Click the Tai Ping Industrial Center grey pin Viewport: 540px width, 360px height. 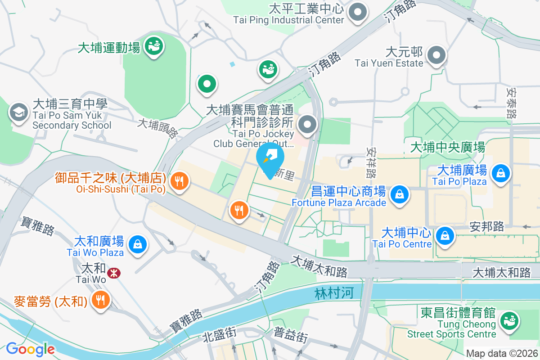coord(358,12)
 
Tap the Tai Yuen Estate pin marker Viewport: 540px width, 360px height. coord(436,55)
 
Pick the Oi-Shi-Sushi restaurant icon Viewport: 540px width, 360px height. coord(179,181)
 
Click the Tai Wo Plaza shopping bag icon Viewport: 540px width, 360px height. coord(135,244)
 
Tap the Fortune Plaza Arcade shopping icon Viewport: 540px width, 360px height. coord(399,194)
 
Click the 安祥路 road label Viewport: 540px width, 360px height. coord(373,162)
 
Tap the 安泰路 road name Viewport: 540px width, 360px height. coord(511,103)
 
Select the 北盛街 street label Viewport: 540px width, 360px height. coord(220,334)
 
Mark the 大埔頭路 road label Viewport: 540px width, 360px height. coord(157,129)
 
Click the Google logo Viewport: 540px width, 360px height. coord(30,349)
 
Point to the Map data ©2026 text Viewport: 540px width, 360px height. coord(501,353)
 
